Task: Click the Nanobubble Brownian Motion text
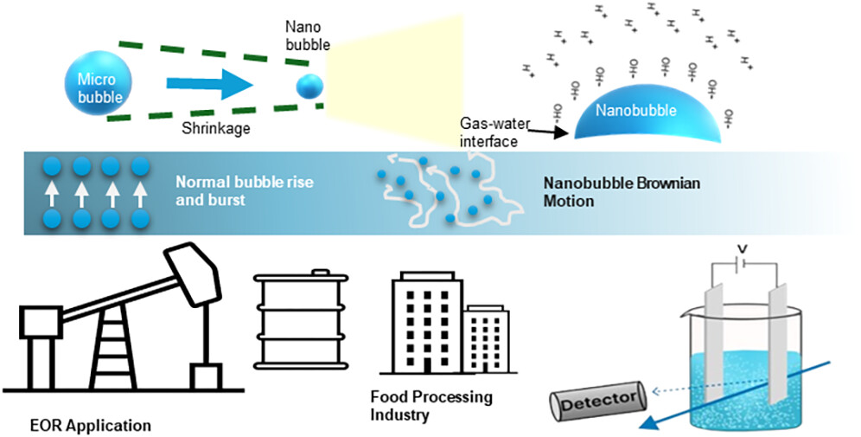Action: click(605, 191)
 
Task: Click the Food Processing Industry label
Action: click(431, 405)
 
